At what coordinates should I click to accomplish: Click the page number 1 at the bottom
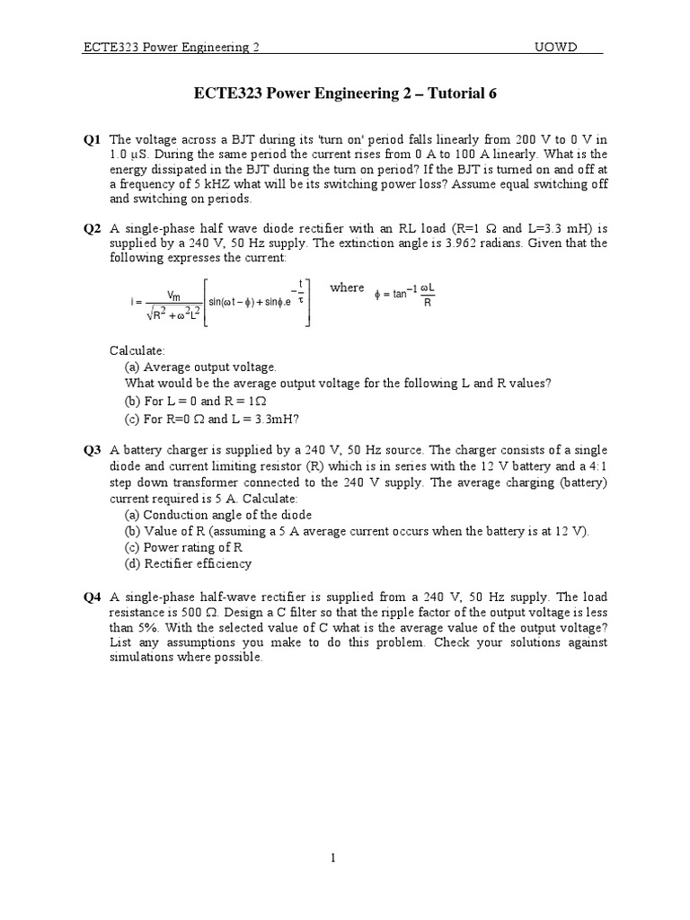tap(333, 858)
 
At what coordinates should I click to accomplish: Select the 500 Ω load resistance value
tap(188, 613)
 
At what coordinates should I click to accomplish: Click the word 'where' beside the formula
tap(347, 287)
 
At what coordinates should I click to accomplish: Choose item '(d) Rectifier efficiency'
tap(188, 563)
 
